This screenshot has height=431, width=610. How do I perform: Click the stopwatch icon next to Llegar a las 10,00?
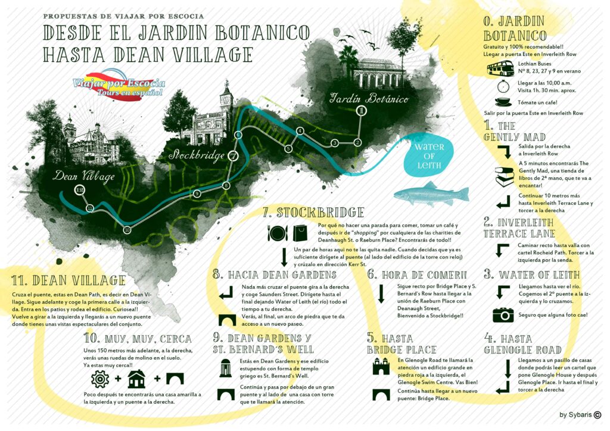[x=502, y=85]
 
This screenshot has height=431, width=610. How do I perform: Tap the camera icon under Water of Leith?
[x=503, y=315]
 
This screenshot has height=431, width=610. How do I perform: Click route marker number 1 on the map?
[x=360, y=111]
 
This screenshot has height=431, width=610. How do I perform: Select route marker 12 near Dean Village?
[x=79, y=190]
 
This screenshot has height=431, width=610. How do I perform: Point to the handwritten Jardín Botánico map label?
[x=369, y=98]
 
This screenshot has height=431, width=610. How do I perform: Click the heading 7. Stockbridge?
[x=312, y=213]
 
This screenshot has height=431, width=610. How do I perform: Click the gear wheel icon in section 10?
[x=100, y=378]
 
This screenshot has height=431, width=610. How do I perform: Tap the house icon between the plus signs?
[x=136, y=378]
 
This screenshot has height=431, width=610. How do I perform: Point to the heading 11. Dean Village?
[x=69, y=280]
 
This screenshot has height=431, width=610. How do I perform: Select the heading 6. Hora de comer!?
[x=417, y=274]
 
